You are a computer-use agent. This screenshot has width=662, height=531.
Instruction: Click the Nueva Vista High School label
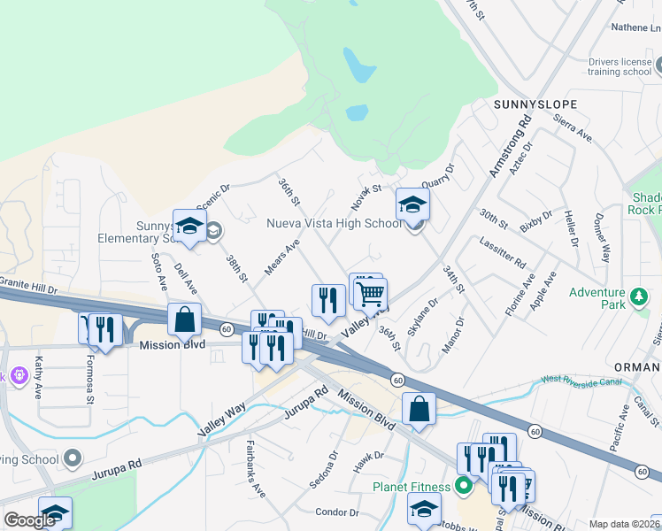335,224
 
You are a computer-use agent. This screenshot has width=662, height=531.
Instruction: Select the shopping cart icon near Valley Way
371,292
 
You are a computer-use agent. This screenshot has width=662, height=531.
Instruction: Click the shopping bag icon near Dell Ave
185,319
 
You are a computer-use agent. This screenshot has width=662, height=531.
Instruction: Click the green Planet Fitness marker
462,485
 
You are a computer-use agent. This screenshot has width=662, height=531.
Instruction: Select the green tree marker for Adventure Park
637,295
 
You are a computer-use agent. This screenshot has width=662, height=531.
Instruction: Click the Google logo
29,520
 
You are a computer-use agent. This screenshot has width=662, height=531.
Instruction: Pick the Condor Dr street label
335,512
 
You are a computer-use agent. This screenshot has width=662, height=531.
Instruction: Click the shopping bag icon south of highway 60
420,409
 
